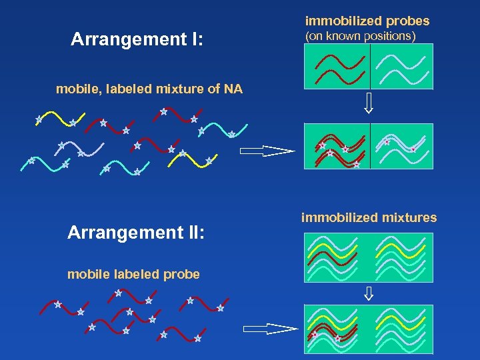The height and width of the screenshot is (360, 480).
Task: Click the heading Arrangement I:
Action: [137, 40]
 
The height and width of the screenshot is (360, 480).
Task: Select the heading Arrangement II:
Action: [136, 233]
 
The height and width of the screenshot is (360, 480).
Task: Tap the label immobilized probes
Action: [367, 21]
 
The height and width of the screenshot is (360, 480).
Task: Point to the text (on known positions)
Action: [360, 36]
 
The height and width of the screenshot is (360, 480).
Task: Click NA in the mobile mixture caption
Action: [234, 89]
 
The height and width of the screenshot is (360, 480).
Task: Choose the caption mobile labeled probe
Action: [133, 275]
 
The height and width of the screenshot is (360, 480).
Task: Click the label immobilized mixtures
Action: [369, 217]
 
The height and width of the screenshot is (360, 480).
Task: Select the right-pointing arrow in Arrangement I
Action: [266, 151]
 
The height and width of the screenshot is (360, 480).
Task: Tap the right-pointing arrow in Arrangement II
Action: [269, 329]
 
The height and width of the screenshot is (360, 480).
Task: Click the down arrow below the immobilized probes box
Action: [369, 104]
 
